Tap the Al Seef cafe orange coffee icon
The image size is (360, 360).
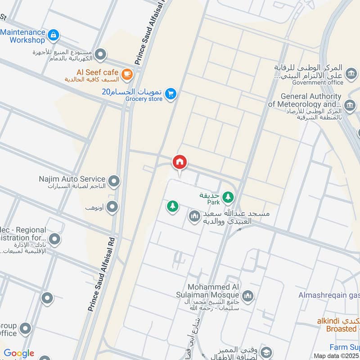(127, 73)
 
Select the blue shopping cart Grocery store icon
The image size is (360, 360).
(170, 94)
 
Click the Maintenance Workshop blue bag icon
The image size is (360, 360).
(54, 34)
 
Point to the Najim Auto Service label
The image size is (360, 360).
(72, 179)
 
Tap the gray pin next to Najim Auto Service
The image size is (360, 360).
(115, 181)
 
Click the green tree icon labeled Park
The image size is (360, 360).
(229, 197)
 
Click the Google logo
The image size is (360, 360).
(19, 353)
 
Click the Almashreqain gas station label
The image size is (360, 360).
(329, 295)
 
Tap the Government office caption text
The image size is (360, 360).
(318, 83)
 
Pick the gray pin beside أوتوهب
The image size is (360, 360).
(112, 207)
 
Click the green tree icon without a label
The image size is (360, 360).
(172, 207)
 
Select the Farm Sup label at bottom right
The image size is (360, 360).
(344, 347)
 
